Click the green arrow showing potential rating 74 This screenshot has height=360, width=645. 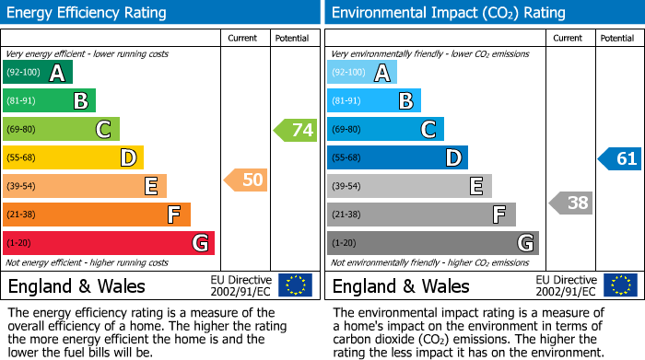296,130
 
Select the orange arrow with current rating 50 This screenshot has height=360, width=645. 246,180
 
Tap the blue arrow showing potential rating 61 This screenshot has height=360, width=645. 619,158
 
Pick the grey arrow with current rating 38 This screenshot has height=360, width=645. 570,203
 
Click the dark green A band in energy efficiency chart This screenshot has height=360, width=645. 38,73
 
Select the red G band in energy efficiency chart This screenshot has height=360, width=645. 109,243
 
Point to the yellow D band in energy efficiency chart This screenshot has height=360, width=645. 73,158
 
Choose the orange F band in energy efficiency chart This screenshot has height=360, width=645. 97,215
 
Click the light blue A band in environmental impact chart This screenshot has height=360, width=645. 362,73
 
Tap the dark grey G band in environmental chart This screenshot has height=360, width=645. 432,243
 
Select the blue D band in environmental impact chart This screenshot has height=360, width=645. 397,158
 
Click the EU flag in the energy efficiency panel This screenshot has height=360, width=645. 295,285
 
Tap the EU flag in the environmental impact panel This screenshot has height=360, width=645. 619,285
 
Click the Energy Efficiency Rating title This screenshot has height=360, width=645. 88,13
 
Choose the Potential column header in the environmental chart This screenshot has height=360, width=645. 617,39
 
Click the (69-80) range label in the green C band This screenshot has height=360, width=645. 22,130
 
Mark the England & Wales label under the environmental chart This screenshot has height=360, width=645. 401,285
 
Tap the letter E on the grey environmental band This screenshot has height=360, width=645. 475,187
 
